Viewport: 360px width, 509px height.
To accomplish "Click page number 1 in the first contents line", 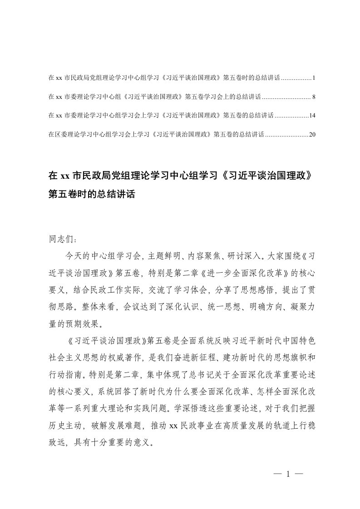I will point(313,78).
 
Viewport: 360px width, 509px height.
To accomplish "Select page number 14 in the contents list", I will point(312,115).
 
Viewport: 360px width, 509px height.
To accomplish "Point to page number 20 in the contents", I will point(312,134).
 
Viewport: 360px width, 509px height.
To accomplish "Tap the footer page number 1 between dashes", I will point(288,474).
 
